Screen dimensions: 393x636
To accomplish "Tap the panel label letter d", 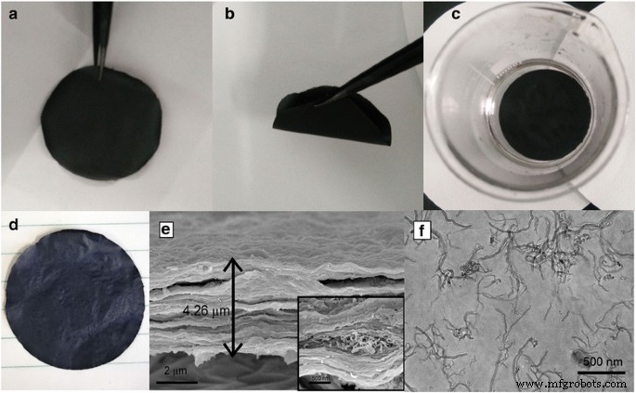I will (12, 224).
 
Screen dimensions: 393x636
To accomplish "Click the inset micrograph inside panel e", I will (351, 342).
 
